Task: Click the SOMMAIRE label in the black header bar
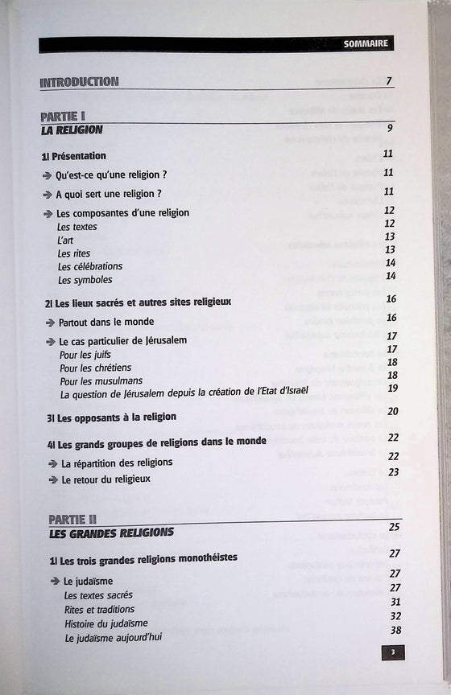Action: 365,43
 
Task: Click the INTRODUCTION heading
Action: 79,81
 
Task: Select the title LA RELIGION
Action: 73,129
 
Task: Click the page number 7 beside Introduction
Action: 388,80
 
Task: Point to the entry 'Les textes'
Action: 77,227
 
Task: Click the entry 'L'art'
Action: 66,240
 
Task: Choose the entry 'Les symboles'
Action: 85,280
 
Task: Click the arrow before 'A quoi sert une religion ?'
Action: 48,194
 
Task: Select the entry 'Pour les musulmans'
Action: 101,380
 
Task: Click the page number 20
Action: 393,412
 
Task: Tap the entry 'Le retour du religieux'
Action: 106,479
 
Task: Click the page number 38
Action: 395,630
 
